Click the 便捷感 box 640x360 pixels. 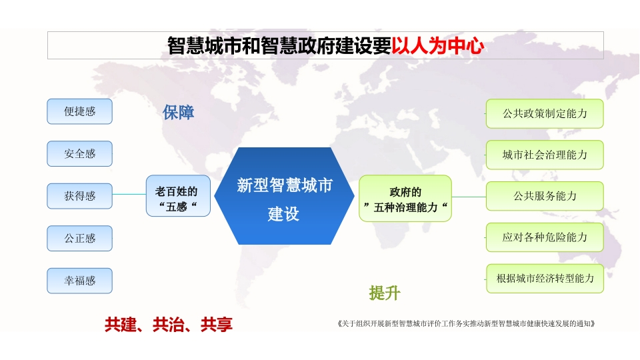(x=79, y=111)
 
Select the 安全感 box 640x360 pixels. (x=79, y=153)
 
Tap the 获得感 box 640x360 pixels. (x=79, y=196)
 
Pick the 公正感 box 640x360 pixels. (x=79, y=239)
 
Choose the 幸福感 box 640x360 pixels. (x=79, y=281)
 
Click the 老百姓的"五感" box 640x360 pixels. (x=178, y=196)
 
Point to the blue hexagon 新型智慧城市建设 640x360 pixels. (x=284, y=196)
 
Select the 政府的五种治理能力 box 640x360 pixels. (x=405, y=199)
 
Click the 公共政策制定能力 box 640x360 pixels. (x=545, y=113)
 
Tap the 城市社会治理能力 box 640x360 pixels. (x=545, y=155)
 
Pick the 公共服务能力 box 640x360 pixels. (x=545, y=196)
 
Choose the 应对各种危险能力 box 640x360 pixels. (x=545, y=237)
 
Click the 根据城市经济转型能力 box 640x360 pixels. (x=545, y=279)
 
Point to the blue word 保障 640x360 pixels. (x=178, y=112)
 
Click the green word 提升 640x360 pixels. (x=385, y=293)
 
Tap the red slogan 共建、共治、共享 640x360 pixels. (x=168, y=325)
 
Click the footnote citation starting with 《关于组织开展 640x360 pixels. (x=466, y=324)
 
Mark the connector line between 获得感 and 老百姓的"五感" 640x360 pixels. (x=129, y=194)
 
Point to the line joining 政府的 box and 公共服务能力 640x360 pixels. (x=469, y=197)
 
